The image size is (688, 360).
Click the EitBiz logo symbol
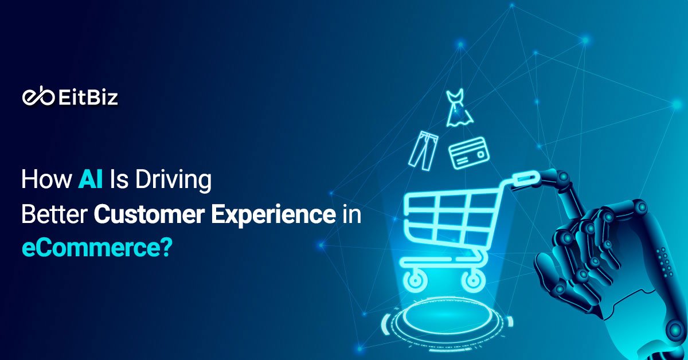[x=39, y=98]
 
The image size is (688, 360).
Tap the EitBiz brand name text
[x=88, y=98]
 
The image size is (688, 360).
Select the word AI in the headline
[x=89, y=180]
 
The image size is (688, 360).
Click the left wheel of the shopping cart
[x=415, y=280]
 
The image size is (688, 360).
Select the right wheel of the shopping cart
[x=474, y=280]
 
